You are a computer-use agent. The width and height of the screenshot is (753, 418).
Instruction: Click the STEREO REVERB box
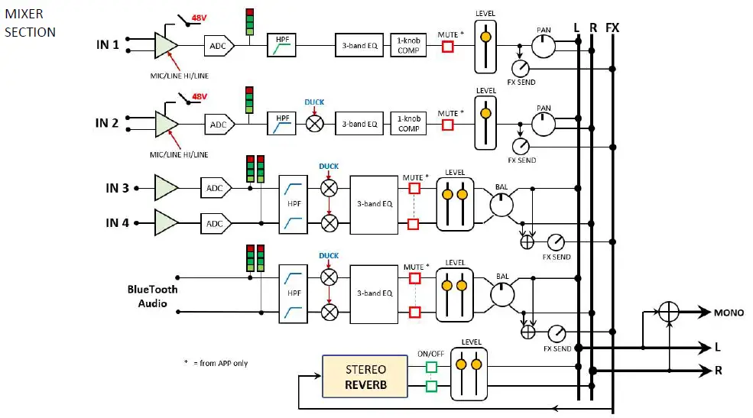(x=365, y=377)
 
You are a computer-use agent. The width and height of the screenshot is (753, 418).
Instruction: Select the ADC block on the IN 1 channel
(x=218, y=45)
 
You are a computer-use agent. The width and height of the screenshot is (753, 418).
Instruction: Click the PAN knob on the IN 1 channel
(x=544, y=47)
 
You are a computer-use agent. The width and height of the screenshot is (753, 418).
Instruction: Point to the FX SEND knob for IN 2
(x=521, y=145)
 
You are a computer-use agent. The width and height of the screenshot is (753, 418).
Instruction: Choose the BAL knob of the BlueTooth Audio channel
(x=501, y=294)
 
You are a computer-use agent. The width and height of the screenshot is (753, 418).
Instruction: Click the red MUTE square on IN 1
(x=448, y=47)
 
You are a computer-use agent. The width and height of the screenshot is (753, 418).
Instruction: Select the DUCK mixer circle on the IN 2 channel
(x=314, y=124)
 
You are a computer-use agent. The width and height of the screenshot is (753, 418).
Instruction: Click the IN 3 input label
(x=117, y=188)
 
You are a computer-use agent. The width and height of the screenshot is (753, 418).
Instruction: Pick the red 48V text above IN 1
(x=199, y=16)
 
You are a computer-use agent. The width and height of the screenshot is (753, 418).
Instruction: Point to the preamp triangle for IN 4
(x=166, y=222)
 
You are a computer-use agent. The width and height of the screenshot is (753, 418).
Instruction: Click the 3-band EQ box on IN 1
(x=357, y=45)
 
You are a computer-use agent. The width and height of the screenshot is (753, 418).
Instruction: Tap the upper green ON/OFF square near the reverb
(x=431, y=368)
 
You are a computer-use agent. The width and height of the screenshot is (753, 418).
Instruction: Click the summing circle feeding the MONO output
(x=669, y=312)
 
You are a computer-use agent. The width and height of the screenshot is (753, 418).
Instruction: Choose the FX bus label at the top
(x=612, y=28)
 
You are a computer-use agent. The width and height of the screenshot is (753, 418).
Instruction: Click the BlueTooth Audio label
(x=152, y=296)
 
